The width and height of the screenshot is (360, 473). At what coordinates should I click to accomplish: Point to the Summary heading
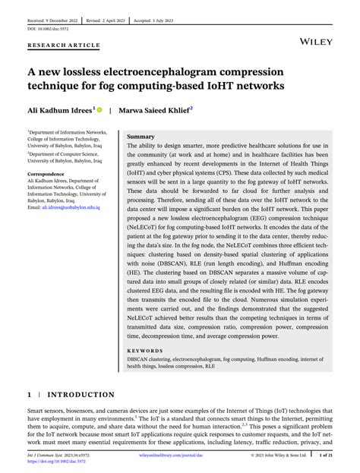point(141,136)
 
